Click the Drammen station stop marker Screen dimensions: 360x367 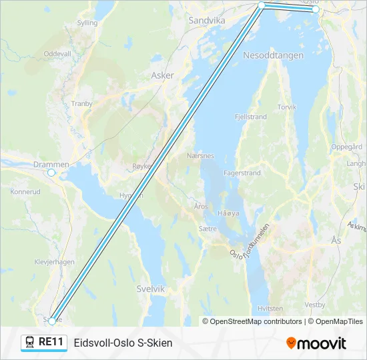coord(51,173)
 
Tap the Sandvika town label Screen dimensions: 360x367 coord(207,21)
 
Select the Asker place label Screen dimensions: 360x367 coord(162,75)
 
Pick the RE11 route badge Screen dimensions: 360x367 coord(44,343)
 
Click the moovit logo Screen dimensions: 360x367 coord(316,343)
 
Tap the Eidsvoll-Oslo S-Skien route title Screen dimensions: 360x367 coord(123,343)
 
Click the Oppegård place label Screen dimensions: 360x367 coord(347,146)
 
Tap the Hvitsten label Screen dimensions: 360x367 coord(270,309)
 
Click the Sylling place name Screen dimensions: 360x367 coord(87,23)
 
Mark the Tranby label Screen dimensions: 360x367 coord(81,103)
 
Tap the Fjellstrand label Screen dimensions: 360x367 coord(251,117)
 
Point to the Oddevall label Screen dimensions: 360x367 coord(57,53)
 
